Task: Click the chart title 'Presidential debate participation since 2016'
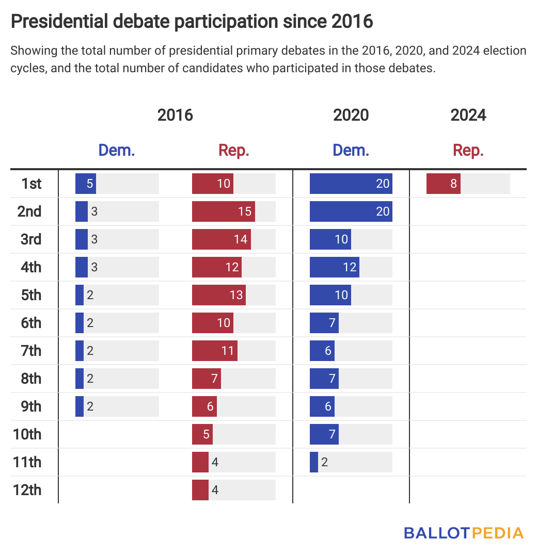pos(192,22)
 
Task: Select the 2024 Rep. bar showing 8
pos(444,184)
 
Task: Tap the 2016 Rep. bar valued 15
pos(223,211)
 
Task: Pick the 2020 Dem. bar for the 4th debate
pos(334,267)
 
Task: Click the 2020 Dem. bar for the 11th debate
pos(314,462)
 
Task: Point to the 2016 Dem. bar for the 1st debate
pos(86,184)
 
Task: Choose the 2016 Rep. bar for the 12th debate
pos(200,490)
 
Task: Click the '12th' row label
pos(27,490)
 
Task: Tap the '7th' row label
pos(30,351)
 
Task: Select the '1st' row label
pos(31,184)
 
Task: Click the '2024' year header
pos(468,115)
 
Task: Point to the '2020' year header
pos(351,115)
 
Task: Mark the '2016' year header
pos(175,115)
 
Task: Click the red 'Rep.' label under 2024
pos(468,151)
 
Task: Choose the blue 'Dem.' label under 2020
pos(351,151)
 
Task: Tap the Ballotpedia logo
pos(464,533)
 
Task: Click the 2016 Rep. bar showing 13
pos(219,295)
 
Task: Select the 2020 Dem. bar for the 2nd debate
pos(351,211)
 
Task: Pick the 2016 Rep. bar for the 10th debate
pos(202,434)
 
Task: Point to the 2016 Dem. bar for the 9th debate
pos(80,406)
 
